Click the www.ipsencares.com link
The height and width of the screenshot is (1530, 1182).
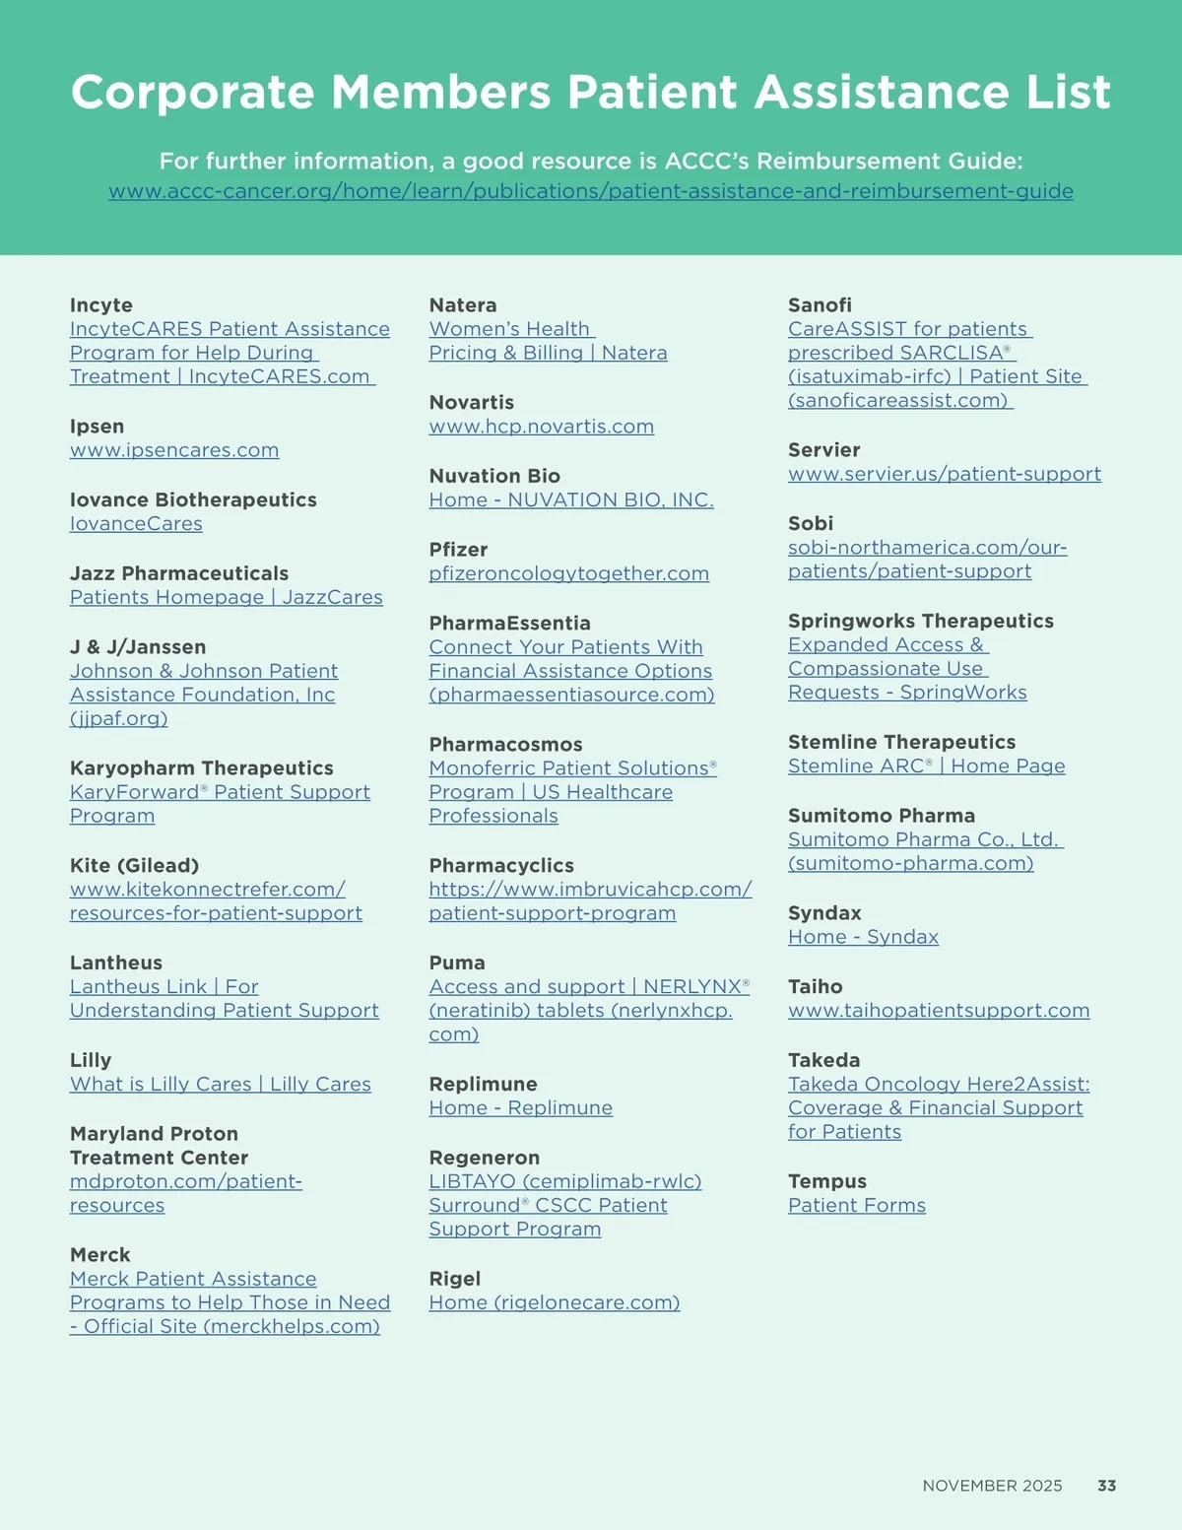(174, 450)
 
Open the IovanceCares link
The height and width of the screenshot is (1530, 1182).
(136, 524)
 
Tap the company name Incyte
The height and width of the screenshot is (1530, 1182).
(101, 305)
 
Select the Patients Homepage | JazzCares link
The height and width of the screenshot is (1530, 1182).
(226, 597)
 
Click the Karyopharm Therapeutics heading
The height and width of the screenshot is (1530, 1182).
(201, 768)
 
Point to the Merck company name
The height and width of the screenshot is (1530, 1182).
(100, 1255)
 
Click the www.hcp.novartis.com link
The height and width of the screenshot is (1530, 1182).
(541, 427)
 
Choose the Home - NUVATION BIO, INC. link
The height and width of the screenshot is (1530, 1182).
(570, 500)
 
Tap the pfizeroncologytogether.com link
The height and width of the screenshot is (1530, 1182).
(568, 573)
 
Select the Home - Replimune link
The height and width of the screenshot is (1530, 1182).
(520, 1108)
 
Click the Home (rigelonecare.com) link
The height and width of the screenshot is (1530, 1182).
(554, 1302)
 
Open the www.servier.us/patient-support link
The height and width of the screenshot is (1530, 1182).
(944, 474)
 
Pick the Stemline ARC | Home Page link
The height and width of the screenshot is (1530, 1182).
(926, 766)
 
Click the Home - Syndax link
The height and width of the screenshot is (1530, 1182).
(863, 937)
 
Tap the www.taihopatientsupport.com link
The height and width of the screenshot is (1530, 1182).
(939, 1011)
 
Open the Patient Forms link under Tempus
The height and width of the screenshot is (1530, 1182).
(856, 1206)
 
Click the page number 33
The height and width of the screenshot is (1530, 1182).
(1106, 1486)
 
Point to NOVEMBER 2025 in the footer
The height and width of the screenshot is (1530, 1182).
(992, 1486)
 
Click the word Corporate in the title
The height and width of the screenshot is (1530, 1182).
(192, 93)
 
